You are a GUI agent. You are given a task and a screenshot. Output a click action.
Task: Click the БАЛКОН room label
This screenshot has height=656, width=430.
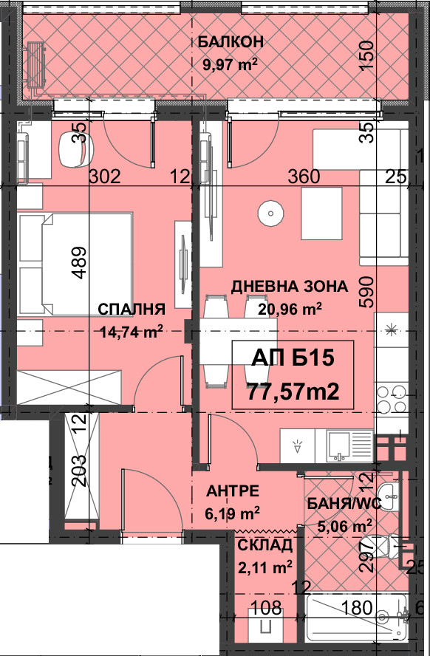point(231,42)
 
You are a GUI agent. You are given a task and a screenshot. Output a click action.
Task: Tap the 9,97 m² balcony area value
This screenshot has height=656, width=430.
point(230,64)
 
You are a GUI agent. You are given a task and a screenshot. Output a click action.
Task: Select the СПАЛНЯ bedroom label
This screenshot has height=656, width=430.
point(132,310)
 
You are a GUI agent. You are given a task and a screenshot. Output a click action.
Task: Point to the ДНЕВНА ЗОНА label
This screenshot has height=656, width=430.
point(290,287)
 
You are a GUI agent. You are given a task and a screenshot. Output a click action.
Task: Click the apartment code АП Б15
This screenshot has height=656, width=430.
point(293,358)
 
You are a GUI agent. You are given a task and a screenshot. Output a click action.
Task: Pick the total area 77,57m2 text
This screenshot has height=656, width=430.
point(293,392)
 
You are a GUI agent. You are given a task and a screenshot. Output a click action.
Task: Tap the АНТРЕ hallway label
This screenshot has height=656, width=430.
point(233,491)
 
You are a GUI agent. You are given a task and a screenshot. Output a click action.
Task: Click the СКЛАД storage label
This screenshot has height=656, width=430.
point(265,545)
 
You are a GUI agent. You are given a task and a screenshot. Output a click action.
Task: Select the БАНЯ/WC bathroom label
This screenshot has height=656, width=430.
point(344,504)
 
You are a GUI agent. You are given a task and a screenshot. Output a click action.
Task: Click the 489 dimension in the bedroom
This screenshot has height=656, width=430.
point(80,263)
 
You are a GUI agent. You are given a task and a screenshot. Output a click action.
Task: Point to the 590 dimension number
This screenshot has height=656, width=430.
point(368,292)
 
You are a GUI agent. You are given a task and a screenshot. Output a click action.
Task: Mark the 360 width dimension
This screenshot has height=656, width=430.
point(304,177)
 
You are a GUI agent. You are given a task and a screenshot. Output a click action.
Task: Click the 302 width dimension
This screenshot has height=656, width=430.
point(105,177)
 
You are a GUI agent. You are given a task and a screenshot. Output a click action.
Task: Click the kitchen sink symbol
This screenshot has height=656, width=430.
point(343,446)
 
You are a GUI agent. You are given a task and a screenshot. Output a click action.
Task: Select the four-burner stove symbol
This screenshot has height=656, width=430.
point(392,399)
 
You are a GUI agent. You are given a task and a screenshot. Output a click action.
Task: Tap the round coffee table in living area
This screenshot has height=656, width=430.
point(270,213)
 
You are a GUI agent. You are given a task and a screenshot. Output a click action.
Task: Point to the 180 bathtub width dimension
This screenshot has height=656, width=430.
point(356,607)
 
